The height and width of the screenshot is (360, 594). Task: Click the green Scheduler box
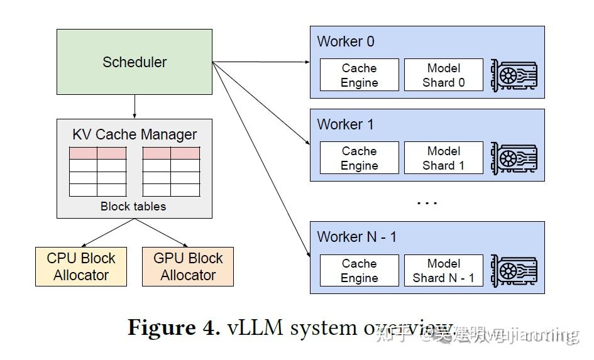click(135, 62)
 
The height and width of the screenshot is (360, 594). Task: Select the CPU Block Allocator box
click(81, 267)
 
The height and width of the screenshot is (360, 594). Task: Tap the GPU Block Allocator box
click(188, 267)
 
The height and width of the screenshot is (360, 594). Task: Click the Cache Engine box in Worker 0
click(360, 75)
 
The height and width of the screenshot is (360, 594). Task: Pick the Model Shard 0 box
click(443, 75)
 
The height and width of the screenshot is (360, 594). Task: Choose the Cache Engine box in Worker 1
click(360, 158)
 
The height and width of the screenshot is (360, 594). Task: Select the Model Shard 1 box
click(443, 158)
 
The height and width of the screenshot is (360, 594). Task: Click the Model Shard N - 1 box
click(443, 271)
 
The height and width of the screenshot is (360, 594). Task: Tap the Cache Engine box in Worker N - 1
click(360, 271)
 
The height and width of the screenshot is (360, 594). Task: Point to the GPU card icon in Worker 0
click(514, 75)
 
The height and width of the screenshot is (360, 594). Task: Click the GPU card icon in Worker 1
click(514, 158)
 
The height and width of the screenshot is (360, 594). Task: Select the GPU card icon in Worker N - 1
click(514, 271)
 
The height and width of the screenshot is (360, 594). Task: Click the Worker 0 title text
click(346, 41)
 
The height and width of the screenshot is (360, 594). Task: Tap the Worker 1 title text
click(346, 124)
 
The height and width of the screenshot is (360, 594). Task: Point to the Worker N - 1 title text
click(357, 237)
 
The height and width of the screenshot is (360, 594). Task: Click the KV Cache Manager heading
click(135, 134)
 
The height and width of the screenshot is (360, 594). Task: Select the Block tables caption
click(133, 206)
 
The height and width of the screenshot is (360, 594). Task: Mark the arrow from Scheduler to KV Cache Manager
click(135, 107)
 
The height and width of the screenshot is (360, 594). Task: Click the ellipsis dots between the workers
click(427, 202)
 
